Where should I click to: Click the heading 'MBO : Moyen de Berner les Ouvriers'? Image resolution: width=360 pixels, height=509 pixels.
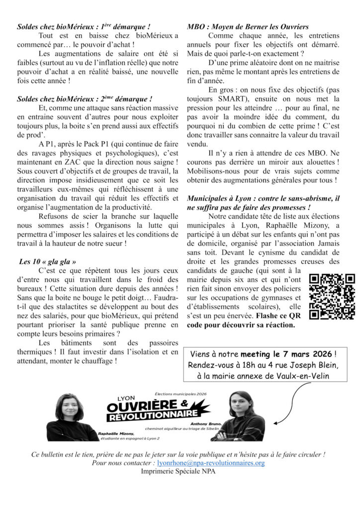[248, 26]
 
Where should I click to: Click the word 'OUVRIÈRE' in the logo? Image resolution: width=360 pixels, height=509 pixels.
[143, 407]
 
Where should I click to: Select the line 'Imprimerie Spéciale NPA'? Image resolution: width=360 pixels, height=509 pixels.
[179, 471]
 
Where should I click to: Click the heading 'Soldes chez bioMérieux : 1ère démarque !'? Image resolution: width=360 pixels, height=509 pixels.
[84, 26]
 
